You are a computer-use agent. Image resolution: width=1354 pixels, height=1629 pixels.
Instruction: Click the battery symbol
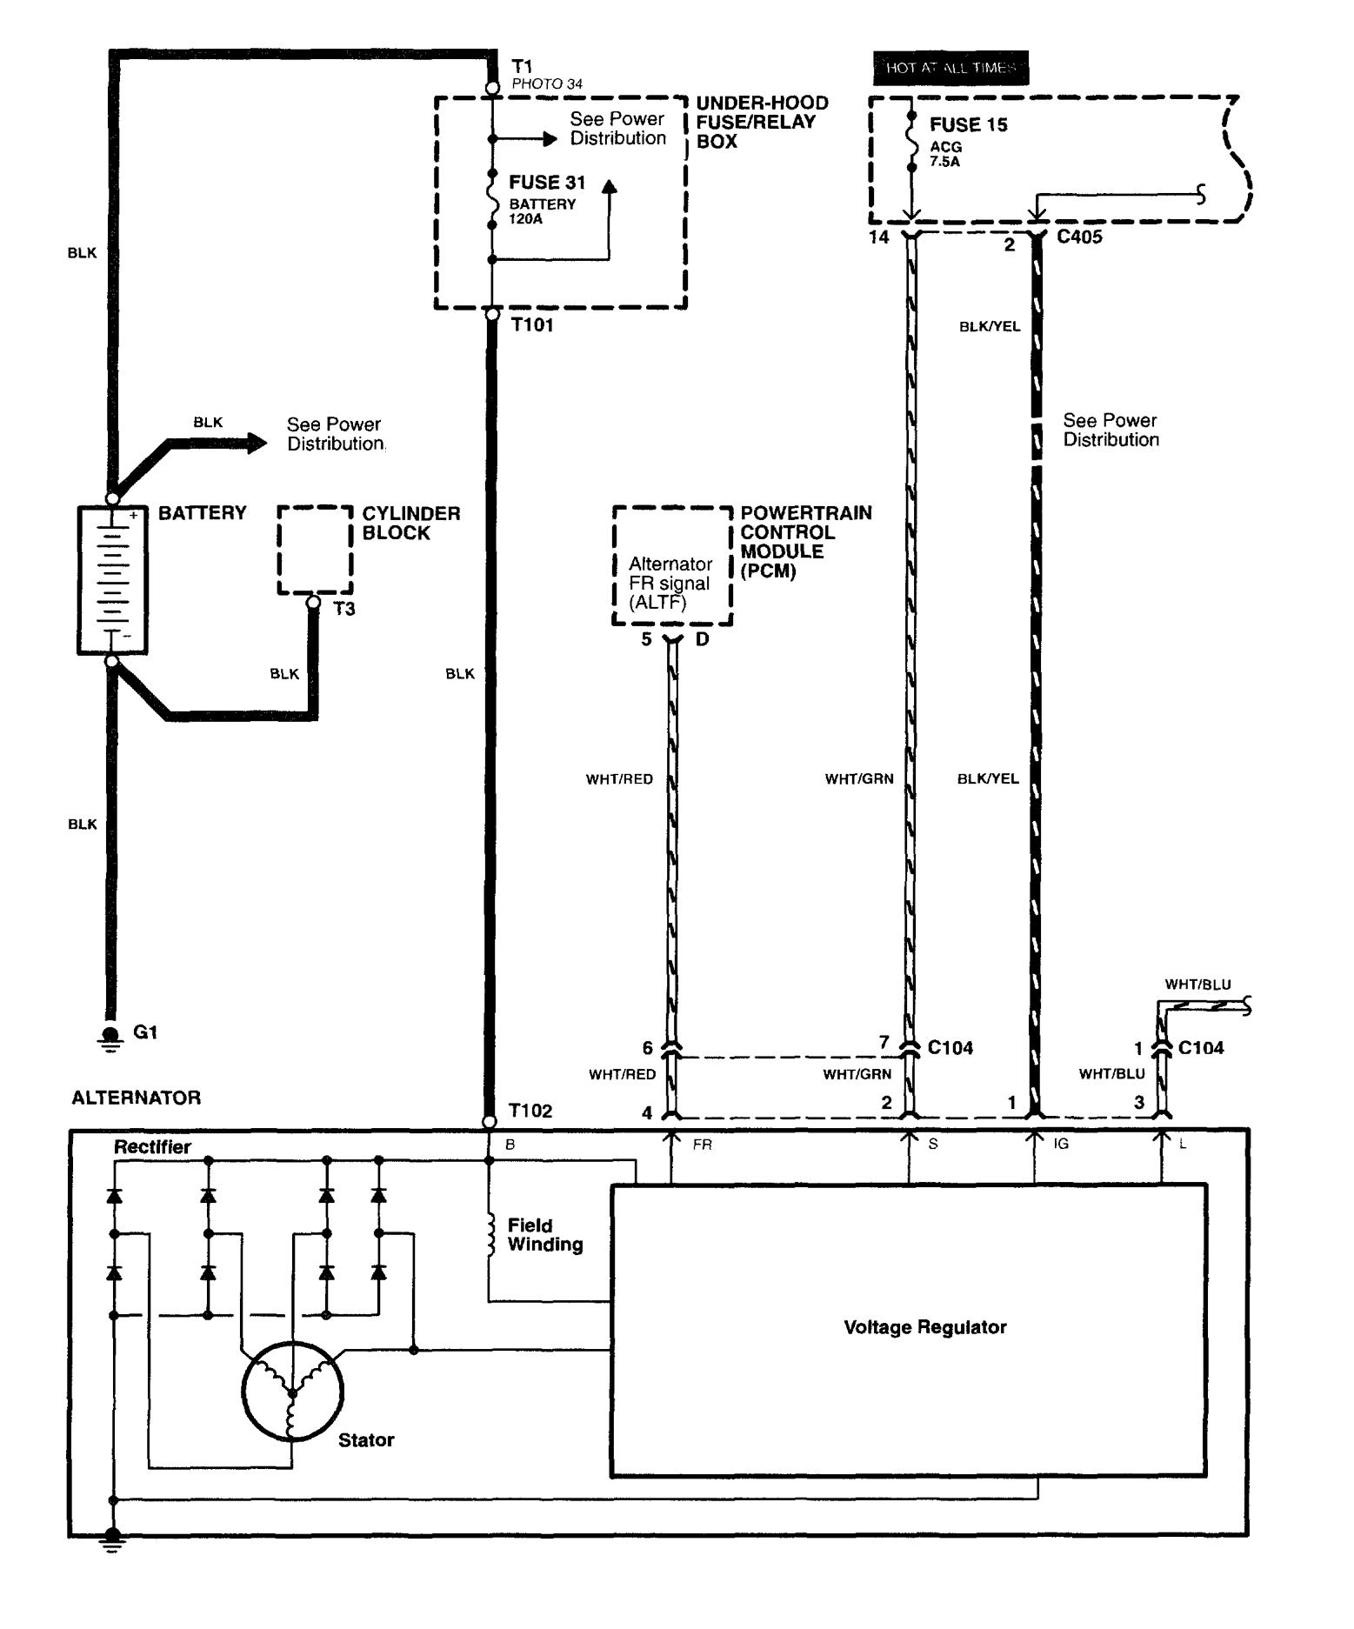click(x=112, y=579)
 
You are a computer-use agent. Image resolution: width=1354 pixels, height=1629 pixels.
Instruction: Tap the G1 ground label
click(x=145, y=1032)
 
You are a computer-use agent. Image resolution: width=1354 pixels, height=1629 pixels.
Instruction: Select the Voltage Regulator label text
click(x=924, y=1327)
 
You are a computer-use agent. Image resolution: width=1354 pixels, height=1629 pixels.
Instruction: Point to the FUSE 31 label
click(x=547, y=183)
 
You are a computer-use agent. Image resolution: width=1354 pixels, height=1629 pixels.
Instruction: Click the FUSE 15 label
click(x=968, y=125)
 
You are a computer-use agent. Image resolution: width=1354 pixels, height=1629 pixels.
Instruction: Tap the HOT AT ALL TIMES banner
click(x=950, y=68)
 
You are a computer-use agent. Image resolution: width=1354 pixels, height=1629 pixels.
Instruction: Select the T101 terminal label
click(x=532, y=325)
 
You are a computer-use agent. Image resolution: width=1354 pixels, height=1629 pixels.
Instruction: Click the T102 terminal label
click(x=530, y=1111)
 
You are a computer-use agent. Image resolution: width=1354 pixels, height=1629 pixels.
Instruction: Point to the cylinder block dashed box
click(x=315, y=550)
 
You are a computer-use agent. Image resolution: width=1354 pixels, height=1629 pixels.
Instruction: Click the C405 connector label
click(x=1079, y=237)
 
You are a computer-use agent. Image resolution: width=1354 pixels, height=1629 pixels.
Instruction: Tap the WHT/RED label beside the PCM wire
click(x=619, y=779)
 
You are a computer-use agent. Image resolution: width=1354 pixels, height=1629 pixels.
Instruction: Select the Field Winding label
click(x=545, y=1235)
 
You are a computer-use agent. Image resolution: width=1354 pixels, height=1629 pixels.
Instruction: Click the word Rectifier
click(x=152, y=1147)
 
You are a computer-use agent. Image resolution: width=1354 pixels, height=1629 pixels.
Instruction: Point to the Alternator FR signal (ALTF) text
click(x=670, y=583)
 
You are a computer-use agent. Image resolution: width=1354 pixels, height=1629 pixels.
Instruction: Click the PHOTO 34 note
click(x=547, y=84)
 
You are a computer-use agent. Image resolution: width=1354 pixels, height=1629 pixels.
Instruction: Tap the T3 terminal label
click(x=344, y=609)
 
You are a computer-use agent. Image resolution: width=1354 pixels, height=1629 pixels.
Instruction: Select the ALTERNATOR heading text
click(x=136, y=1098)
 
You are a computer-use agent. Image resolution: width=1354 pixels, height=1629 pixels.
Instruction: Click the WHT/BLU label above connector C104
click(x=1197, y=985)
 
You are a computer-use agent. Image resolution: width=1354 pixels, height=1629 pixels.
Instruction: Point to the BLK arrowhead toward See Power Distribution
click(x=256, y=443)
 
